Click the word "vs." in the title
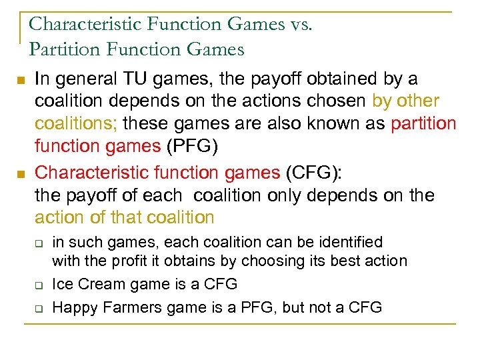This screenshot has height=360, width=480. tap(297, 25)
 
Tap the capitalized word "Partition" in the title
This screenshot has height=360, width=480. tap(62, 49)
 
